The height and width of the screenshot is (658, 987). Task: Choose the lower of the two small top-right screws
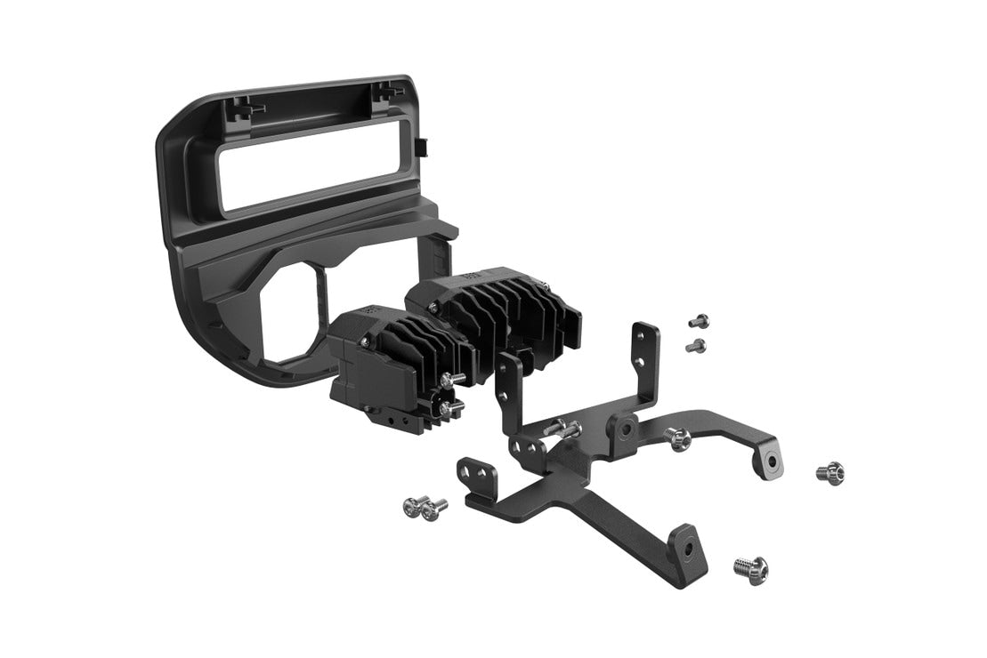697,345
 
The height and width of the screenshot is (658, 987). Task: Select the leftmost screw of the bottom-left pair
411,507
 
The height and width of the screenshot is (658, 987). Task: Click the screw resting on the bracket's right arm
678,437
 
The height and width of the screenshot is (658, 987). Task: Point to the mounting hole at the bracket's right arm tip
770,461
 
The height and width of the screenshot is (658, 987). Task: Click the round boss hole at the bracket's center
627,429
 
